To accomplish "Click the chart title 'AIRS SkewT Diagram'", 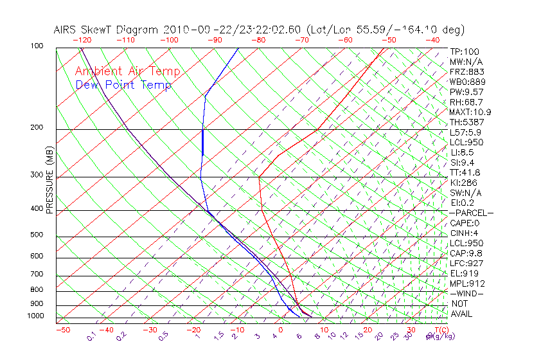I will (107, 30).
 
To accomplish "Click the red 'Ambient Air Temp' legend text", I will (127, 71).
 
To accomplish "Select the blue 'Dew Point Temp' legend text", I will (123, 85).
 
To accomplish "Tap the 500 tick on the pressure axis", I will (36, 235).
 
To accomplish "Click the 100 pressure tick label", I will (36, 46).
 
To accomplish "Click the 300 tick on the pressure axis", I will (36, 175).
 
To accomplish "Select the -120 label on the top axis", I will (82, 40).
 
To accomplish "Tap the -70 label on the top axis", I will (301, 40).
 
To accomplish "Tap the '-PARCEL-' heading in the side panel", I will (471, 213).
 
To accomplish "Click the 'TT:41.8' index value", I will (465, 172).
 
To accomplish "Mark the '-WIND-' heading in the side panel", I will (467, 294).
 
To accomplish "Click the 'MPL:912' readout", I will (467, 283).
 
